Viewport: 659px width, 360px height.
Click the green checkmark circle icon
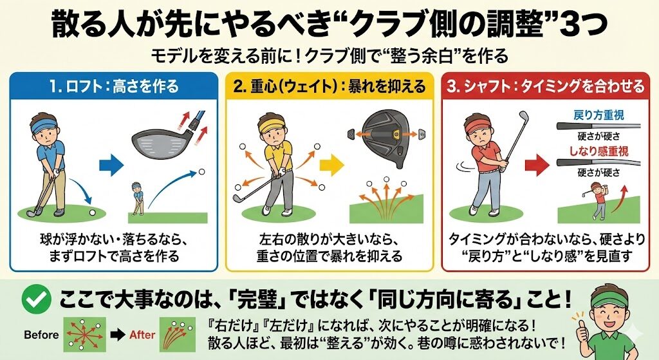[36, 299]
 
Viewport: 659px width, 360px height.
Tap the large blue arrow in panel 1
[111, 165]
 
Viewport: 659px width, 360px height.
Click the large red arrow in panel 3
[537, 165]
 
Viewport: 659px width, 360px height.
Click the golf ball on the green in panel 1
[93, 213]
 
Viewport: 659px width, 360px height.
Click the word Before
[41, 335]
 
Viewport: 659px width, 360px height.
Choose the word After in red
[142, 335]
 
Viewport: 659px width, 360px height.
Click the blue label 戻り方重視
[599, 115]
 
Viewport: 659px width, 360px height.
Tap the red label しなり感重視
[599, 151]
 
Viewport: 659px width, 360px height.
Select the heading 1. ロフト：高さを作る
[114, 86]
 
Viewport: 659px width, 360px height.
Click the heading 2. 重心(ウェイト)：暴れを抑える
[329, 86]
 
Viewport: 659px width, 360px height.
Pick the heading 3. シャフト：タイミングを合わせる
[545, 86]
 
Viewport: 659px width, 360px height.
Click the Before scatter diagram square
[84, 335]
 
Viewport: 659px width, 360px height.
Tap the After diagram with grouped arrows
[178, 335]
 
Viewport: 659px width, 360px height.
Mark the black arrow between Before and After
[118, 335]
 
